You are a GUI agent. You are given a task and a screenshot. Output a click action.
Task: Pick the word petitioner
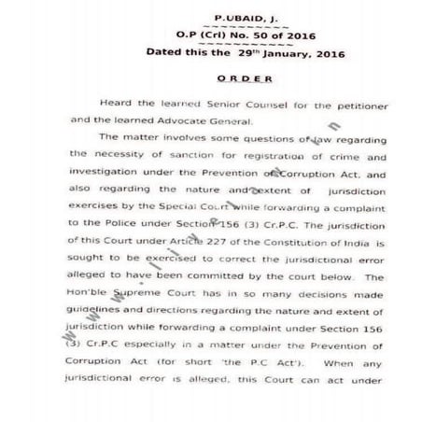tap(384, 105)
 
